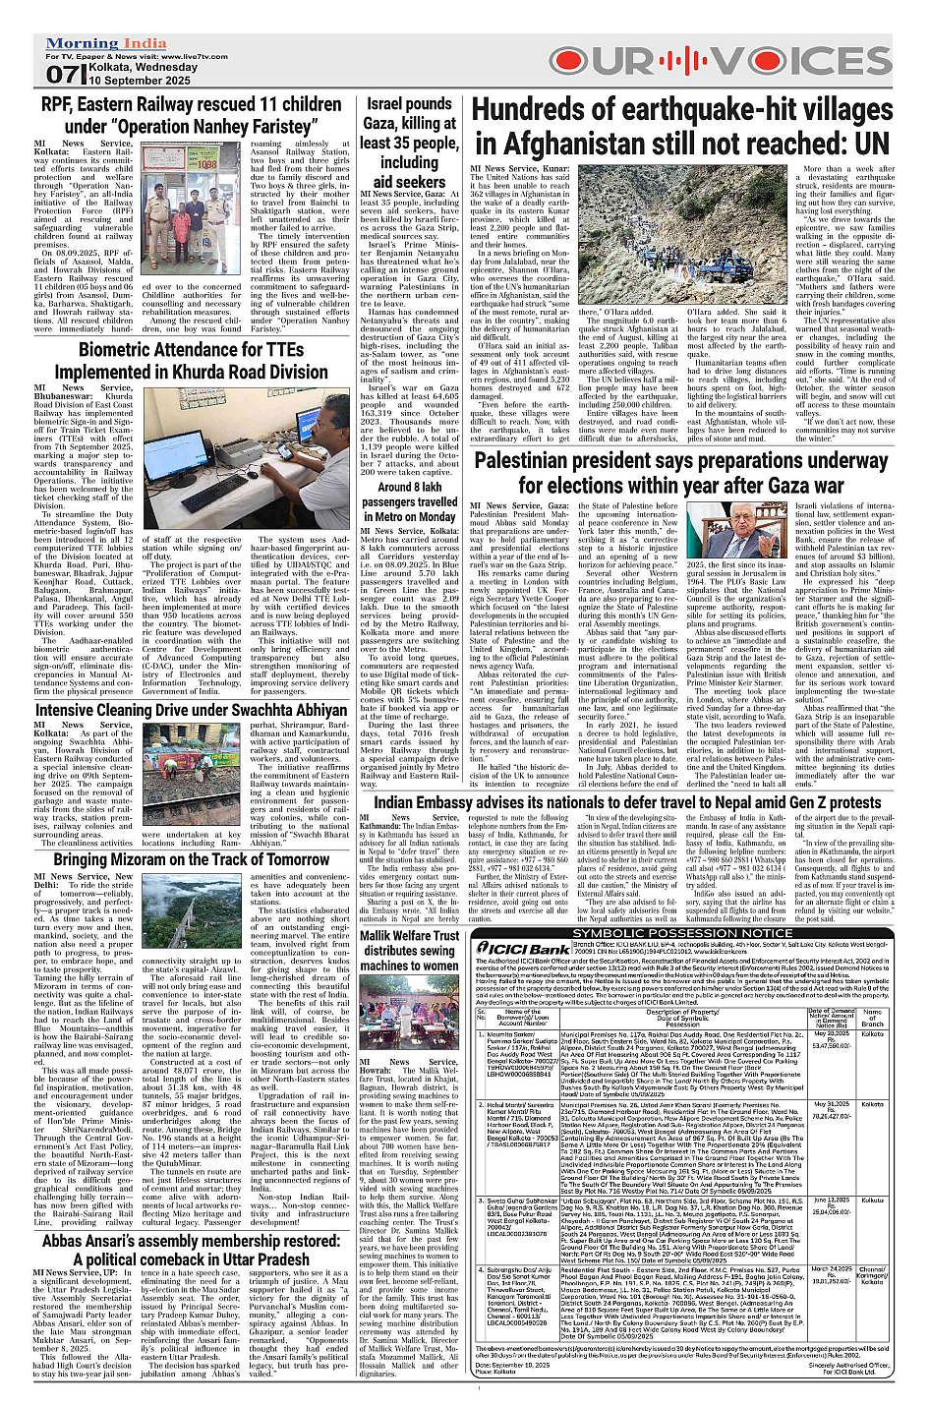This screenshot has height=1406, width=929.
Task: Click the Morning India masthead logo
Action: (106, 44)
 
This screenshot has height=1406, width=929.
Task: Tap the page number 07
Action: (60, 75)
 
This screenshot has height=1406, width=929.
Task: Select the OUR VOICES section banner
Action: (728, 61)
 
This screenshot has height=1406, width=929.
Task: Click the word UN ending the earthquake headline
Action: (869, 144)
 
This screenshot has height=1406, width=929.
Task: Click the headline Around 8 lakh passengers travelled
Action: (409, 501)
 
